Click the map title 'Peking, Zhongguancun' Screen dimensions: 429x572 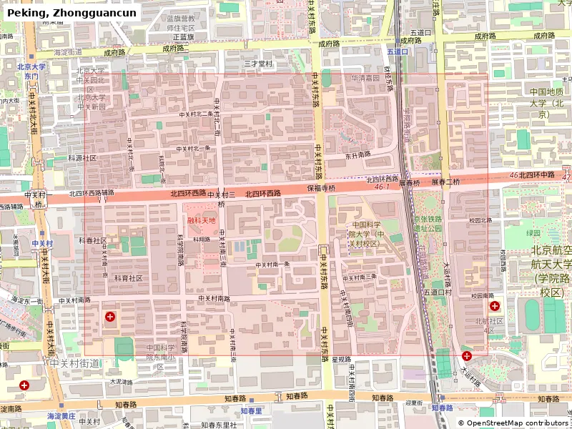coord(71,13)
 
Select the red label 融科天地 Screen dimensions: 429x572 coord(202,220)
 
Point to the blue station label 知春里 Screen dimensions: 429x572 coord(251,410)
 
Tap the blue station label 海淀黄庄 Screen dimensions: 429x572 coord(61,415)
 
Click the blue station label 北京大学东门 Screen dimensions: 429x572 coord(31,71)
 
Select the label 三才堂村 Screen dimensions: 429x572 coord(258,64)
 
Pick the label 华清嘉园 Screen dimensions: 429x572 coord(365,78)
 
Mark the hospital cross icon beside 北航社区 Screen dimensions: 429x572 coord(494,306)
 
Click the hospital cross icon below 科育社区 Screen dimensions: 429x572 coord(109,316)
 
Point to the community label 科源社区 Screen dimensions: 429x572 coord(82,157)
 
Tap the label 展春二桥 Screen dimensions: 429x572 coord(446,182)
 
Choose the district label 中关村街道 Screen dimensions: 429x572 coord(75,364)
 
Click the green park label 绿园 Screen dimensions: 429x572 coord(533,233)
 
